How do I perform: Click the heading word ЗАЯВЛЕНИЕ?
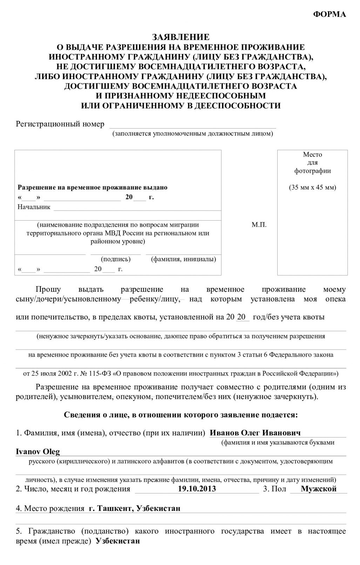coord(180,37)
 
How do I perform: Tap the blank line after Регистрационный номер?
coord(193,125)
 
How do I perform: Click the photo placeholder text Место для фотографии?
coord(312,163)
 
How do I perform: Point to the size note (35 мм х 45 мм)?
coord(312,187)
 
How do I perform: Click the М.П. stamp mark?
coord(259,225)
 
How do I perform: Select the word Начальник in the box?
coord(34,207)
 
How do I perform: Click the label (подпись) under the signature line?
coord(116,259)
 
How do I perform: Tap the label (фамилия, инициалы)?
coord(183,259)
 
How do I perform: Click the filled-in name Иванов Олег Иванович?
coord(255,433)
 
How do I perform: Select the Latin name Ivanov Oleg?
coord(38,452)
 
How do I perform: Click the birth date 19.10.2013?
coord(197,489)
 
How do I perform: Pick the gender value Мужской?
coord(318,489)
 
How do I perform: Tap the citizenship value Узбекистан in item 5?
coord(117,541)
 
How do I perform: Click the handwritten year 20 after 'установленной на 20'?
coord(241,317)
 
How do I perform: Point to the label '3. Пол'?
coord(274,489)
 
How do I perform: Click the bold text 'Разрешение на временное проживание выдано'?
coord(93,187)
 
